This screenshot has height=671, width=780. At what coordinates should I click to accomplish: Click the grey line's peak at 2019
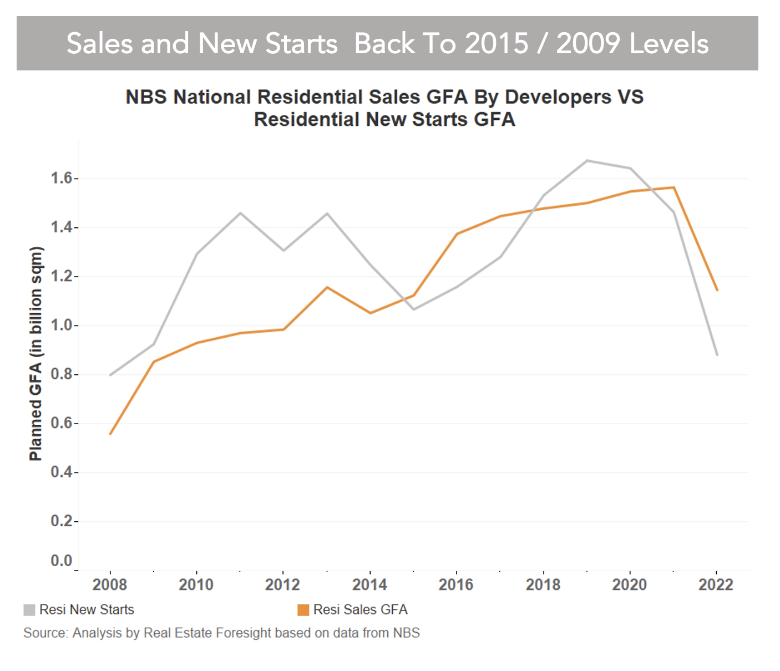click(x=587, y=161)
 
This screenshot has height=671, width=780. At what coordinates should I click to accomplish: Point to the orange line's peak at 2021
click(x=673, y=187)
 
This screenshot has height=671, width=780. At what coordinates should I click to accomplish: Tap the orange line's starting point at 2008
click(x=110, y=434)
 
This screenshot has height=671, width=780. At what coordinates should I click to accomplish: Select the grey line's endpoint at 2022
click(x=717, y=354)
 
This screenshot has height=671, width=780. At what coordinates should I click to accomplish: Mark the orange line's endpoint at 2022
click(x=717, y=290)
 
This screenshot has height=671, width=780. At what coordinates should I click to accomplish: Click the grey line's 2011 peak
click(x=240, y=213)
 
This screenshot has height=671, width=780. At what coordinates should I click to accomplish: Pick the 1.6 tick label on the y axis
click(x=62, y=179)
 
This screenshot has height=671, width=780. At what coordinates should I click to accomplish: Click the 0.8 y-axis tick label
click(x=62, y=374)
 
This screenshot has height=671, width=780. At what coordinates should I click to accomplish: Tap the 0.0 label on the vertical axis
click(x=62, y=561)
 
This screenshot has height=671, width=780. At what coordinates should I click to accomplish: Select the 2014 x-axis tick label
click(x=369, y=585)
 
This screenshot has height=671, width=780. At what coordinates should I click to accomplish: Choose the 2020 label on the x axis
click(x=630, y=585)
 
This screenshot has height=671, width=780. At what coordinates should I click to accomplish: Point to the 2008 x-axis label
click(x=110, y=585)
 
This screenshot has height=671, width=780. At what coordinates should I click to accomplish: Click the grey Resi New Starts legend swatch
click(x=29, y=610)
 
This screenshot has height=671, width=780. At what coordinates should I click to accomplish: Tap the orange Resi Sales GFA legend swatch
click(x=303, y=610)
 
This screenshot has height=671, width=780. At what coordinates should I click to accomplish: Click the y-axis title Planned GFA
click(x=36, y=353)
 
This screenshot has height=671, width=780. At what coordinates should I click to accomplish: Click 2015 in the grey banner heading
click(x=496, y=44)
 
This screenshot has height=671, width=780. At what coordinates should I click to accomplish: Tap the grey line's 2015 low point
click(x=414, y=309)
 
